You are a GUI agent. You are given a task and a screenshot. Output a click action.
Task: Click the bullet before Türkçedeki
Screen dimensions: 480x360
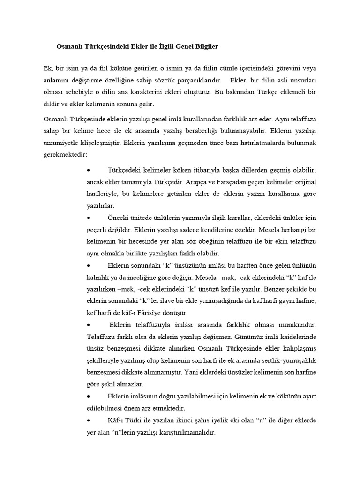(x=89, y=169)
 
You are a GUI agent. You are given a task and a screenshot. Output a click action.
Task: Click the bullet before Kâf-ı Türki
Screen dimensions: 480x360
(x=89, y=421)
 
